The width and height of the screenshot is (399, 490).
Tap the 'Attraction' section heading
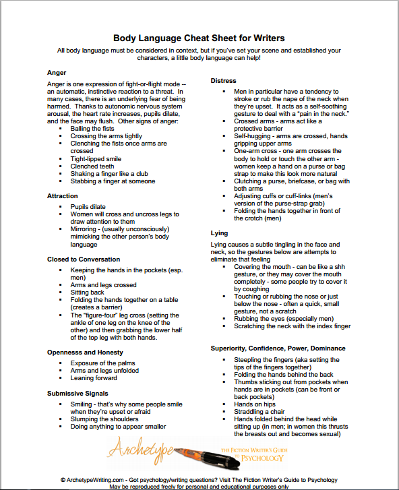(63, 195)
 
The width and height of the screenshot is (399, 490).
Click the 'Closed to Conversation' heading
(83, 259)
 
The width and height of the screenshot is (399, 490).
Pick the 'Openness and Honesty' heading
(85, 352)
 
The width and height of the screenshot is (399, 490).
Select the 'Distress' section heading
(224, 80)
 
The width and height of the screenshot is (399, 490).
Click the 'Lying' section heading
(219, 233)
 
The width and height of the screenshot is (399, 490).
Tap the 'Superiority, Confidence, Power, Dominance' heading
(278, 348)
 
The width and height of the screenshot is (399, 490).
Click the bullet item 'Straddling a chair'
(251, 411)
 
